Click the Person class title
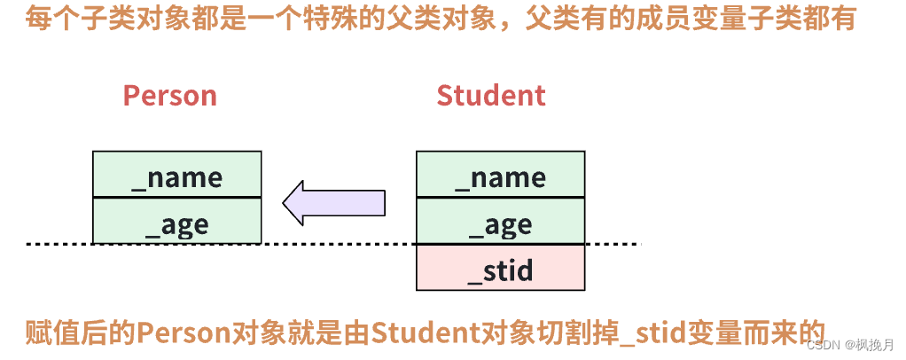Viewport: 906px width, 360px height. click(169, 96)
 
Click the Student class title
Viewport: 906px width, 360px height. click(491, 96)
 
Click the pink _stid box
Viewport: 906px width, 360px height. click(500, 268)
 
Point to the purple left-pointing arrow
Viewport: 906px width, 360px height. click(334, 202)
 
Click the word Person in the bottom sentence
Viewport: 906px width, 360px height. click(183, 333)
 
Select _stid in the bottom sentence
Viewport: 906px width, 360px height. click(652, 333)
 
